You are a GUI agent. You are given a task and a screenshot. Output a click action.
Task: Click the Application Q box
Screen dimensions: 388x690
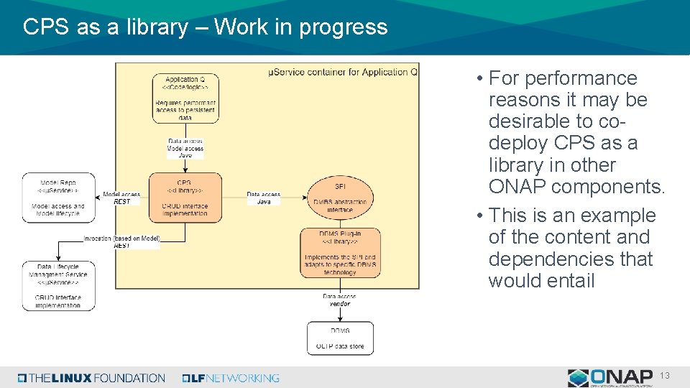pos(185,98)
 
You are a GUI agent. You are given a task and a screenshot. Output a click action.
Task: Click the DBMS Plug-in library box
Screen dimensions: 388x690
pos(340,253)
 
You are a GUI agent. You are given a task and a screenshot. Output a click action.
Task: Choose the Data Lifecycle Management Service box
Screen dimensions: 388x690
pos(58,285)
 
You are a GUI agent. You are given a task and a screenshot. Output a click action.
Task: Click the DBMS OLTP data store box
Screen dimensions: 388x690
pos(340,338)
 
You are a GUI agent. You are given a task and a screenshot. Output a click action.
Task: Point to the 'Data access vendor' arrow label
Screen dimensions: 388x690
pos(339,300)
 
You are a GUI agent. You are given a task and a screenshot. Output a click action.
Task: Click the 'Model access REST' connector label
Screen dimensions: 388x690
pos(121,198)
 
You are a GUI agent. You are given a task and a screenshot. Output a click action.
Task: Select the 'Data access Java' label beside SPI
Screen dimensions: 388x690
pos(264,198)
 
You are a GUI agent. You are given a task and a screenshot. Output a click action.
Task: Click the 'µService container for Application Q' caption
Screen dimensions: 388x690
pos(342,73)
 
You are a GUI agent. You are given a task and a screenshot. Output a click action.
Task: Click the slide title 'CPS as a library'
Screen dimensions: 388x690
pos(105,27)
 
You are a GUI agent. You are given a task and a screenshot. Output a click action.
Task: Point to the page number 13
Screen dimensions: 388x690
pos(665,377)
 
